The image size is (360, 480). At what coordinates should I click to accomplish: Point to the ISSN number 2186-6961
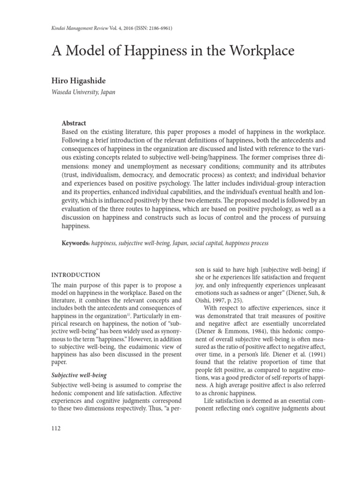coord(160,28)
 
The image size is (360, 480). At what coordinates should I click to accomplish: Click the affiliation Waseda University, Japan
coord(83,92)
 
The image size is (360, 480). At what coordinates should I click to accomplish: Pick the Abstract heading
coord(74,123)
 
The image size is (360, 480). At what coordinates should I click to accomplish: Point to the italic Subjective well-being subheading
coord(79,375)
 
